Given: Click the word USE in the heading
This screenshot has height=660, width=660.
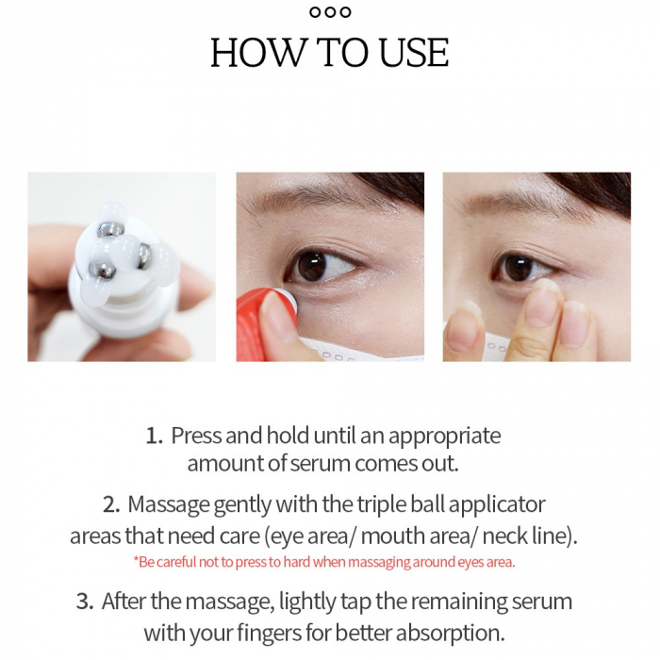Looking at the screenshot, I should (x=413, y=53).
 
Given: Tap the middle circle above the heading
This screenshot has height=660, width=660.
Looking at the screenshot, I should (x=330, y=12).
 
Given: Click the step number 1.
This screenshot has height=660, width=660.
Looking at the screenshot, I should (x=153, y=437).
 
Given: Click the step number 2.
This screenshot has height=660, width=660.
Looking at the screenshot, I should (x=111, y=504).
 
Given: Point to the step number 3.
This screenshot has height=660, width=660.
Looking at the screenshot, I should (x=85, y=602).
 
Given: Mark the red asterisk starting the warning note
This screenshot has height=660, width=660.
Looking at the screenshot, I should (x=136, y=561).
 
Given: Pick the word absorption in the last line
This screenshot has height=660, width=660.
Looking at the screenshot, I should (x=459, y=631).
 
